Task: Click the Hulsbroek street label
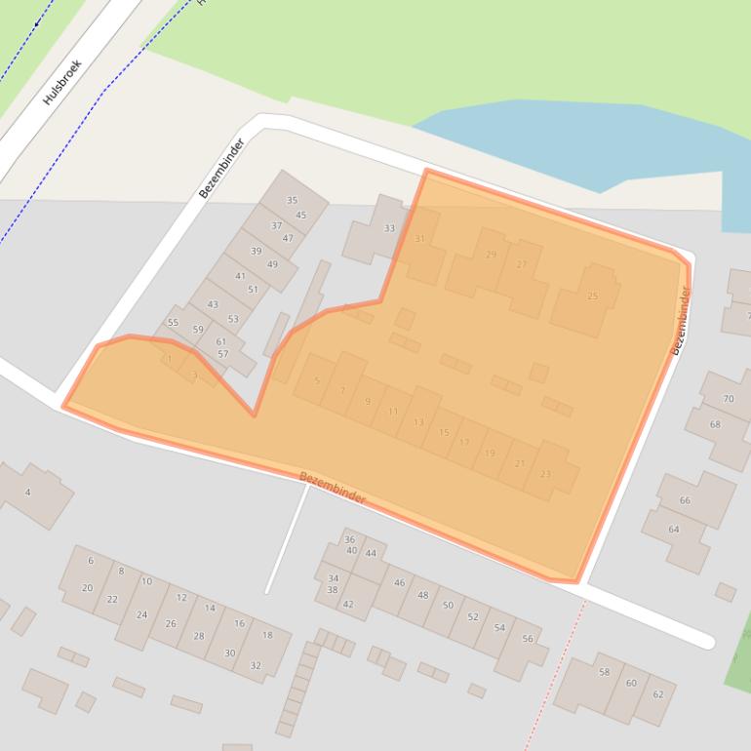point(63,83)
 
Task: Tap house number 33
point(389,228)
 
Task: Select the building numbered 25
point(592,296)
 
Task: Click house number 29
point(491,255)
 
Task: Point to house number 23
point(545,475)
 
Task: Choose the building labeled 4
point(27,493)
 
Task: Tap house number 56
point(528,639)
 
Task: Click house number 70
point(729,399)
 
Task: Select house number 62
point(657,694)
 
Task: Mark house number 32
point(256,665)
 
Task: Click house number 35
point(292,200)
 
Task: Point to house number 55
point(173,322)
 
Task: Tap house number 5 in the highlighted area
point(317,380)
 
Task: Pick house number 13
point(418,422)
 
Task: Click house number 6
point(91,561)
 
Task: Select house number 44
point(371,553)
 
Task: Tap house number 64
point(674,530)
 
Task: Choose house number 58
point(605,672)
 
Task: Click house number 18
point(267,635)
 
